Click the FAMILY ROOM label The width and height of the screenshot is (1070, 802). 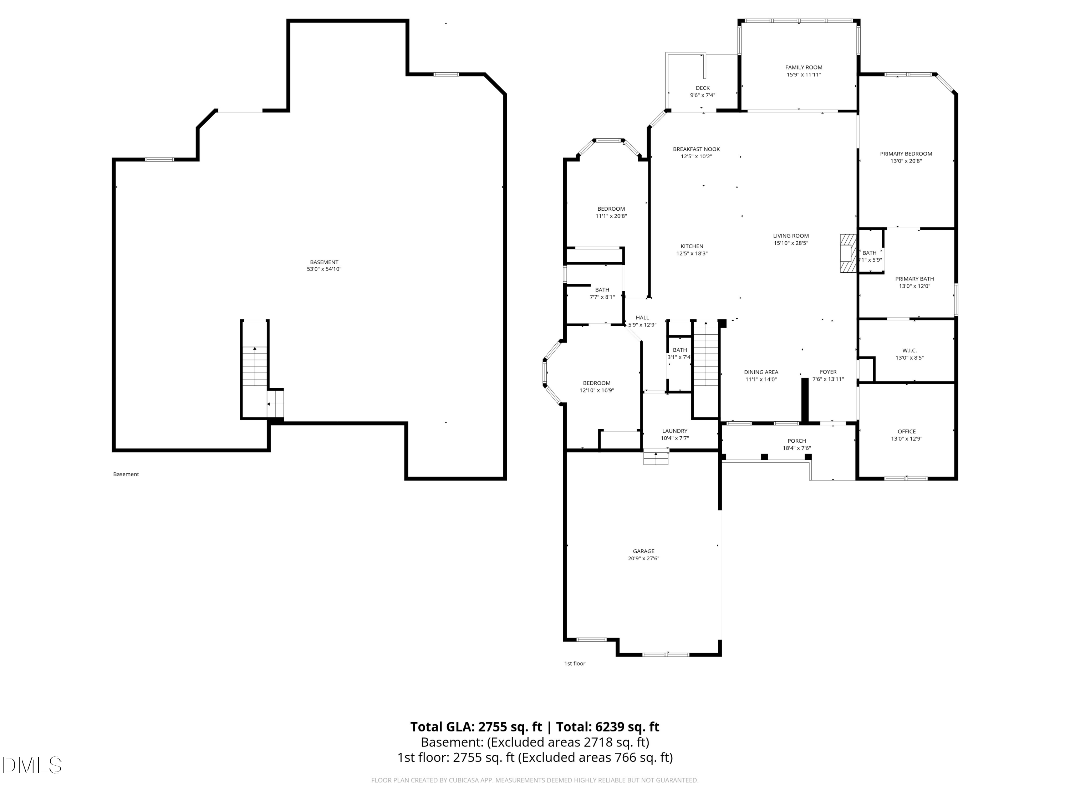804,68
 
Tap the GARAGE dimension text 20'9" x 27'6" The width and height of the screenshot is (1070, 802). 643,558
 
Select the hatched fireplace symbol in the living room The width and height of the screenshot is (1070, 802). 847,254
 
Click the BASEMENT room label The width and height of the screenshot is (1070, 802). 324,262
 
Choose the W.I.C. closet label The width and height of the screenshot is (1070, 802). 909,350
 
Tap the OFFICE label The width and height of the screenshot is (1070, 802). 907,431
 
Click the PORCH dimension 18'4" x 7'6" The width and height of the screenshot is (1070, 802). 797,448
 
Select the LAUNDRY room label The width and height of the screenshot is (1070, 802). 674,431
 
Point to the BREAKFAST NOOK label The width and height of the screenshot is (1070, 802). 696,149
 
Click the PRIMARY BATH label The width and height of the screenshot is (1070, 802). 914,279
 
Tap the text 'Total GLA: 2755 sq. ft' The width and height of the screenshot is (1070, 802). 476,726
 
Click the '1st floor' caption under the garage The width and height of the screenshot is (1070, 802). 575,663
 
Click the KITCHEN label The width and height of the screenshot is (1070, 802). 692,246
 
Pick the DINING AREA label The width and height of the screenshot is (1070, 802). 761,372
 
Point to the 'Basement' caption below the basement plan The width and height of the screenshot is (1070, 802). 126,474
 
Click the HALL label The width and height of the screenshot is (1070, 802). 642,318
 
